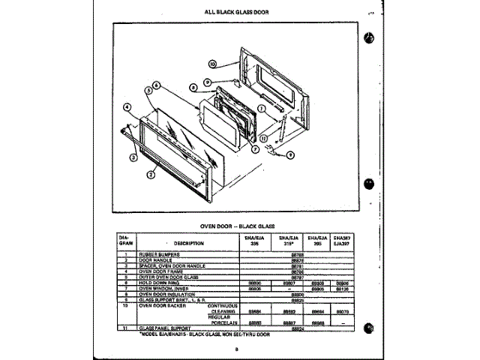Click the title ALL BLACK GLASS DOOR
pyautogui.click(x=237, y=12)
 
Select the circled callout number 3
pyautogui.click(x=133, y=157)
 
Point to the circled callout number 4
pyautogui.click(x=128, y=107)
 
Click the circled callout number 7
pyautogui.click(x=254, y=149)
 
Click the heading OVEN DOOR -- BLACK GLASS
pyautogui.click(x=237, y=226)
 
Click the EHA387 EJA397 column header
pyautogui.click(x=341, y=241)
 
